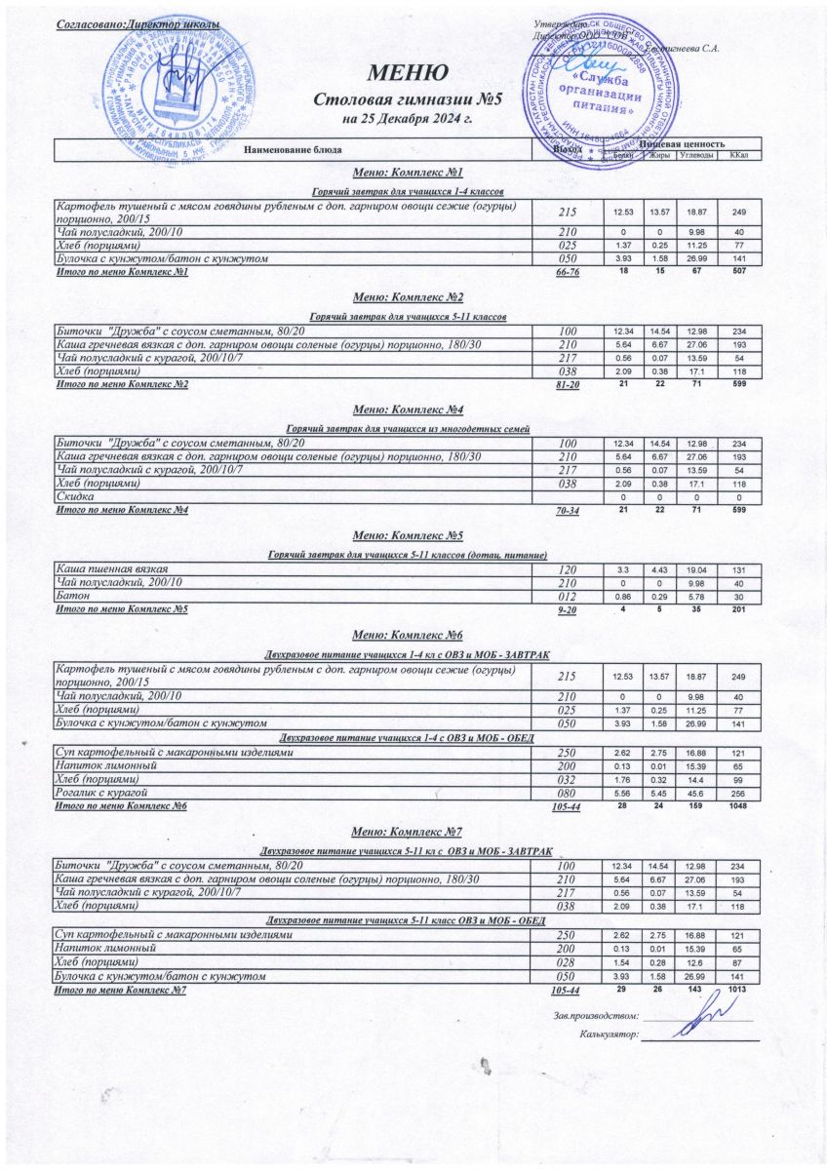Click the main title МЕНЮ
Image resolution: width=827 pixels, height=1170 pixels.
pos(407,72)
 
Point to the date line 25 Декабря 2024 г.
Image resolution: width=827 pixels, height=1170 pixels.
pos(407,119)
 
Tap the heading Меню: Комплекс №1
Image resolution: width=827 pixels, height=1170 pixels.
pos(407,172)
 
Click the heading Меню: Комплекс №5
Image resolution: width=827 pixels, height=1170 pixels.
pos(407,535)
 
